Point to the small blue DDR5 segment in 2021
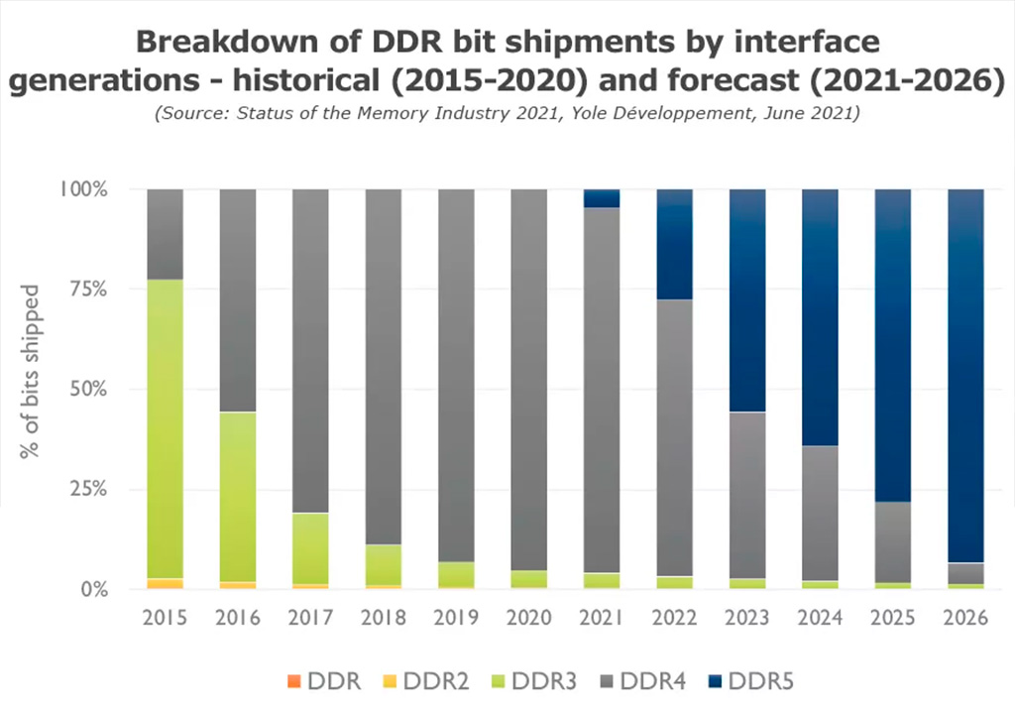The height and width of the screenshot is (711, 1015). (x=602, y=198)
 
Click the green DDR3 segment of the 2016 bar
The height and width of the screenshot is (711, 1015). (x=238, y=496)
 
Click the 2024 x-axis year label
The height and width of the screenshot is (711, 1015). (x=821, y=618)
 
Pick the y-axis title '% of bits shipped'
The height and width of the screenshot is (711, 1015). (x=32, y=371)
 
